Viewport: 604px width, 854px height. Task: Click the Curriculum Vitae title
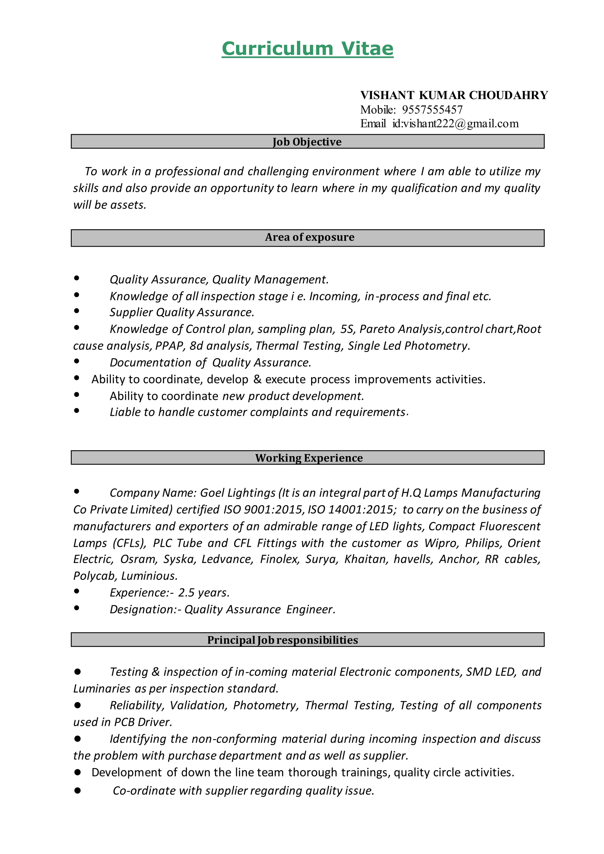coord(307,49)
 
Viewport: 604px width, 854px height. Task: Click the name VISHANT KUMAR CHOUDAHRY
coord(454,95)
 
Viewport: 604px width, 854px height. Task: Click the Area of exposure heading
coord(309,238)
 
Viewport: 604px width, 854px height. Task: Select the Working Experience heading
coord(309,458)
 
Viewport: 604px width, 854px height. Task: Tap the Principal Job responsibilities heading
coord(282,640)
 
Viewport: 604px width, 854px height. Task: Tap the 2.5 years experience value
coord(203,593)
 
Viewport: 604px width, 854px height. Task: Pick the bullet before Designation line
coord(77,608)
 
